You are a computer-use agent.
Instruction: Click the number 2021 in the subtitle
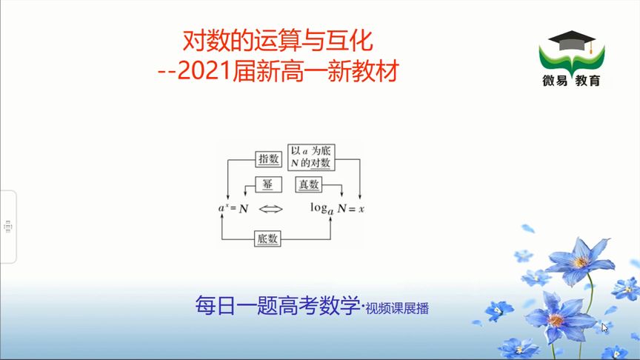tap(205, 72)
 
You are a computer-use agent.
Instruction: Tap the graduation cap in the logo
tap(570, 40)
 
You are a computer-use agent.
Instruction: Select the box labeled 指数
tap(267, 159)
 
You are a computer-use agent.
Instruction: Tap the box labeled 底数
tap(268, 239)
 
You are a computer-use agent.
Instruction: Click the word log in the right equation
tap(321, 209)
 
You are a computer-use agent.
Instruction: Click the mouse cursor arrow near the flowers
tap(604, 327)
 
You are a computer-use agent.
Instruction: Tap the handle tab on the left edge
tap(7, 226)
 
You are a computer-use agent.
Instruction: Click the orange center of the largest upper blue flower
tap(580, 261)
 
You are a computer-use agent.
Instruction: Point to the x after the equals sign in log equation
tap(361, 210)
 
